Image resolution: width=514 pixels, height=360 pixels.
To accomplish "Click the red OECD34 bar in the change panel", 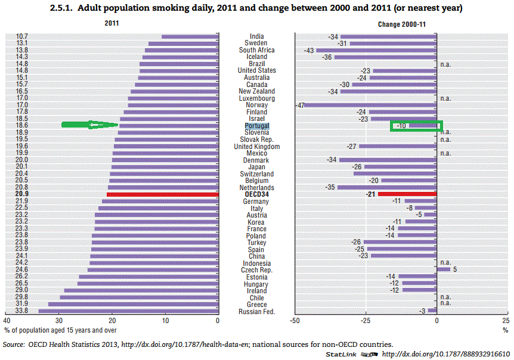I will click(x=407, y=194).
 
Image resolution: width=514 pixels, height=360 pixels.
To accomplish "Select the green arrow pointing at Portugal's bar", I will click(x=90, y=125).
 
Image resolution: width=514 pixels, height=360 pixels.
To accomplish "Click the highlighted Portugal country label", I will click(x=257, y=126).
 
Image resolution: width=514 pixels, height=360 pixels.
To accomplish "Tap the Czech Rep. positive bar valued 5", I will click(x=444, y=269).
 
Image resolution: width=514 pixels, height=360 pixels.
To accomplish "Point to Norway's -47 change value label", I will click(x=300, y=105).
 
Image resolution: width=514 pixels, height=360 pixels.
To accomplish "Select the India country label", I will click(x=257, y=36).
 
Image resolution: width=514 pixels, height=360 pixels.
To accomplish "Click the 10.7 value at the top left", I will click(x=21, y=36).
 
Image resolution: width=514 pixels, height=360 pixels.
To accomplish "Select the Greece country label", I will click(x=257, y=305).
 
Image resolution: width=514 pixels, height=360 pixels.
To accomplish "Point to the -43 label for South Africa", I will click(x=309, y=51).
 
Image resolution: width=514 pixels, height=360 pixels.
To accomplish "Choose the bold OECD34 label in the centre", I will click(x=257, y=194).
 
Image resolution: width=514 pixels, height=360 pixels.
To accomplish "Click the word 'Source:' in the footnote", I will click(x=14, y=345).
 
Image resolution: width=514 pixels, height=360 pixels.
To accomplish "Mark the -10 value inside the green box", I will click(x=401, y=126).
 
